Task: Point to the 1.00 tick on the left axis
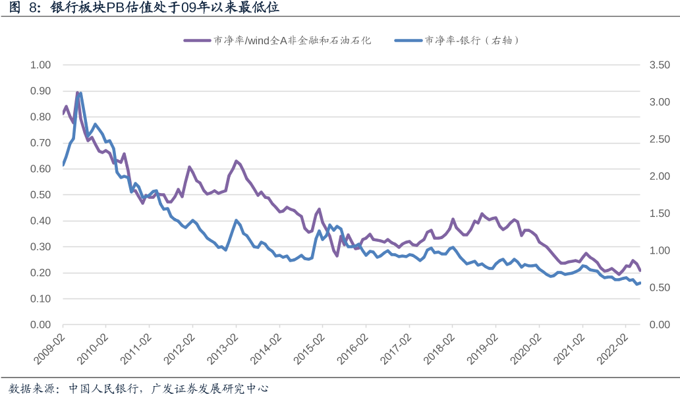click(40, 65)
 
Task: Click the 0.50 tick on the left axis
click(40, 195)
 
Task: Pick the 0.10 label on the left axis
click(40, 299)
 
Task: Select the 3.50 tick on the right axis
click(659, 65)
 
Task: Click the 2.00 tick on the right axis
click(659, 177)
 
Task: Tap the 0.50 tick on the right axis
click(659, 288)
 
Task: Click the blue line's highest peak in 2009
click(80, 93)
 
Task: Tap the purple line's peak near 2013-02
click(235, 161)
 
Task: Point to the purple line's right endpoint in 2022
click(640, 270)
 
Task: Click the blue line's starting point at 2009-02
click(63, 165)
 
